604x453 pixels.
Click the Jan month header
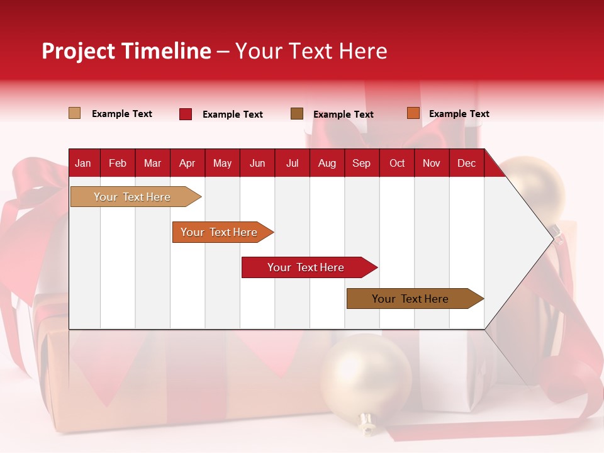click(x=83, y=163)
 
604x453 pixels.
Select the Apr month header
click(x=187, y=163)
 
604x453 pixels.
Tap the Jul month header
click(x=292, y=163)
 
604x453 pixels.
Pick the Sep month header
click(x=361, y=163)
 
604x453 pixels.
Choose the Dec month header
click(x=466, y=163)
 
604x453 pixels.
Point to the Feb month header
click(x=118, y=163)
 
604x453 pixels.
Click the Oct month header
click(x=397, y=163)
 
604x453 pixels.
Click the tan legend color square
click(x=74, y=113)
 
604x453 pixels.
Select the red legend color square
click(x=186, y=114)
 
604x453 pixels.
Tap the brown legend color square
click(x=297, y=113)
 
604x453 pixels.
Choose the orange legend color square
click(x=413, y=113)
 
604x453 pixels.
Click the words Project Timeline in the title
click(x=126, y=51)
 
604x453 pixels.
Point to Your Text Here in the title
click(x=311, y=51)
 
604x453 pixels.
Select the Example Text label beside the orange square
click(x=459, y=114)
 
